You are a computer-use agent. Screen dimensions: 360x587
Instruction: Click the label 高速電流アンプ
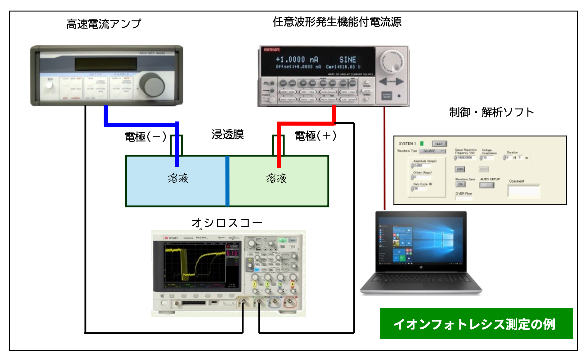(x=104, y=24)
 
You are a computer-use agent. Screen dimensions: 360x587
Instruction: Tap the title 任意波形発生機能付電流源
(x=337, y=22)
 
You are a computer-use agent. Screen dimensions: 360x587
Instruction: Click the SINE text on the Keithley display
(x=347, y=60)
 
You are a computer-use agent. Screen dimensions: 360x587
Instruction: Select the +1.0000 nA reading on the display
(x=297, y=60)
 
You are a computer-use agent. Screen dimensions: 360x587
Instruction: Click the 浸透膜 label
(x=227, y=135)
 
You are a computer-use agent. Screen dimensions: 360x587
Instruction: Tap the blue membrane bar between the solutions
(x=227, y=181)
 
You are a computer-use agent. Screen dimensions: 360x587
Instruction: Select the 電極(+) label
(x=315, y=136)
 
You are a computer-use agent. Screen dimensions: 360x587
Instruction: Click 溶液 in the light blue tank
(x=178, y=178)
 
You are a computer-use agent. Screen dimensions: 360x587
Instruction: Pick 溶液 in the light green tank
(x=276, y=178)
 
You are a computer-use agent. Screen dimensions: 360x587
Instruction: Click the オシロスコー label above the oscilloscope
(x=227, y=223)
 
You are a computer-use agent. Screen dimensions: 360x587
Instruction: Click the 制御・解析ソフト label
(x=491, y=112)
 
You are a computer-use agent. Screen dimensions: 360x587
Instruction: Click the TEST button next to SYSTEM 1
(x=439, y=144)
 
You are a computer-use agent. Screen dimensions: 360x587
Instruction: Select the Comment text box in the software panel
(x=524, y=191)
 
